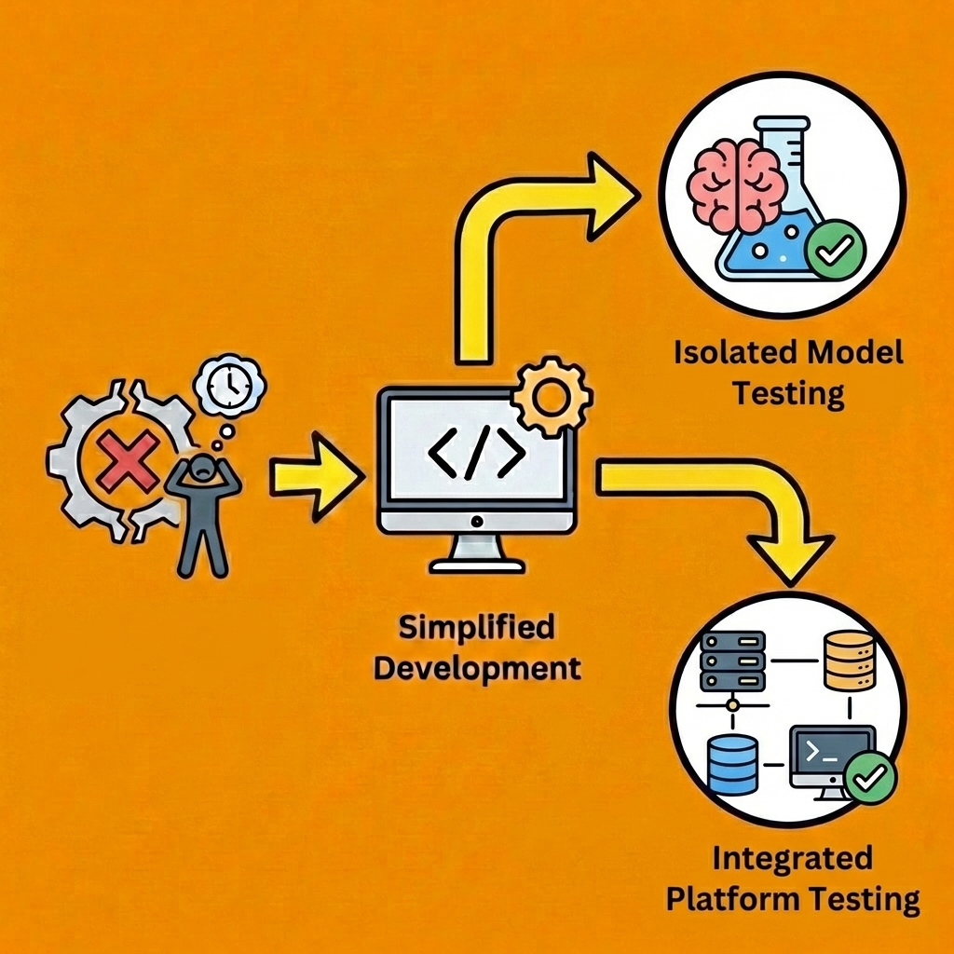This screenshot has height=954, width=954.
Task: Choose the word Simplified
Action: pos(476,628)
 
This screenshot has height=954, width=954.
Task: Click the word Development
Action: pos(476,668)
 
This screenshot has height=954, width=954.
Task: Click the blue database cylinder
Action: pos(732,765)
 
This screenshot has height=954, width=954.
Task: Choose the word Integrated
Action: pos(792,858)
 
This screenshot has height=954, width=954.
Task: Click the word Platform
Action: pos(731,899)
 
